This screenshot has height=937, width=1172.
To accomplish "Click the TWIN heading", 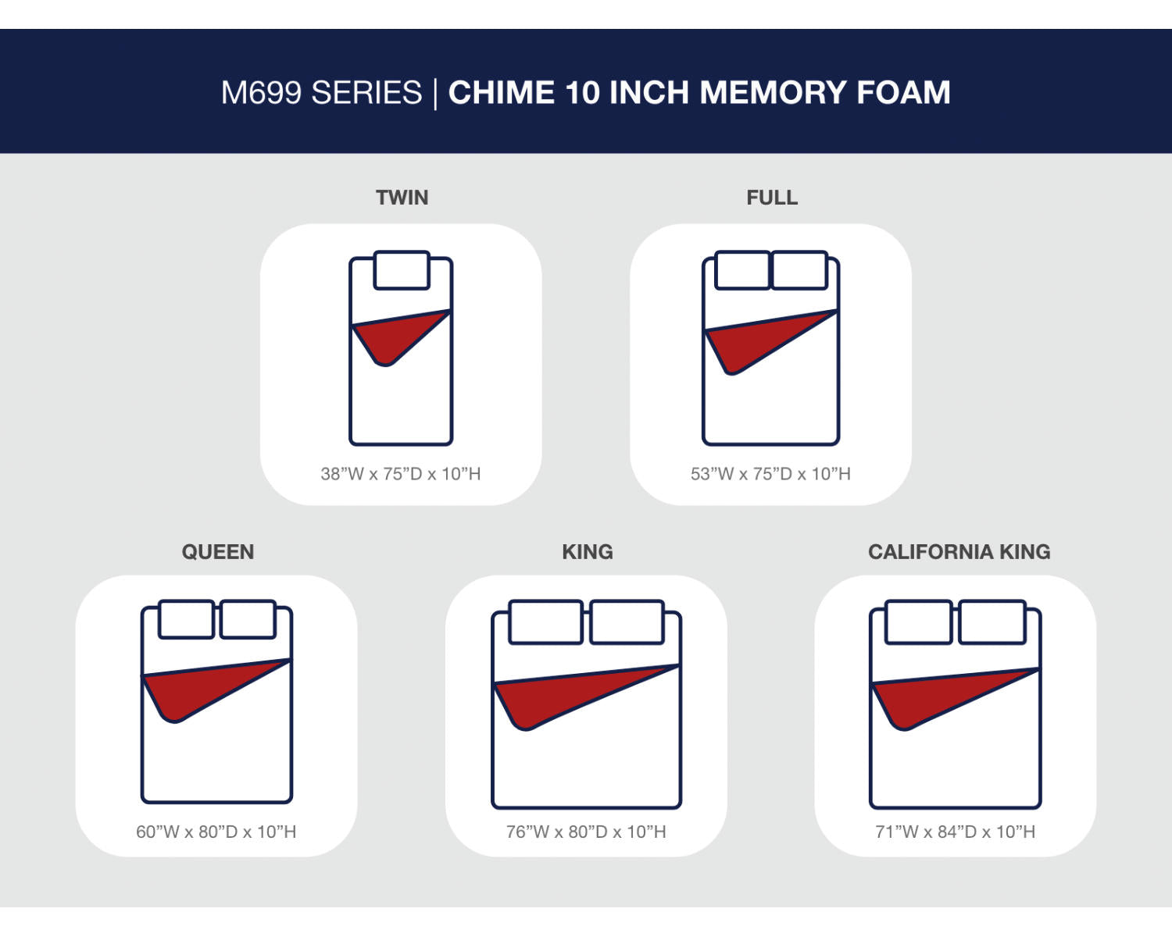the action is point(402,198).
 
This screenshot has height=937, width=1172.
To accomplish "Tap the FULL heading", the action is point(772,198).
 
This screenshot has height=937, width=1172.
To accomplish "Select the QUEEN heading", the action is point(218,552).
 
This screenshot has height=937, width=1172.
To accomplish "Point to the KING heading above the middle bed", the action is point(587,552).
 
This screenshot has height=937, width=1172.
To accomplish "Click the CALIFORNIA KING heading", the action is point(959,552).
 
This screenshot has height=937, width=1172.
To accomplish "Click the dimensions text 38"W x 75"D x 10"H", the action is point(400,474).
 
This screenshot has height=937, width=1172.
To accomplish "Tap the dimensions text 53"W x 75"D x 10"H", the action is point(770,474).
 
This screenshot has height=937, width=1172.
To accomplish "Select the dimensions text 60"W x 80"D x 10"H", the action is point(216,832).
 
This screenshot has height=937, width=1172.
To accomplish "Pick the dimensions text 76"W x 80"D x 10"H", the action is point(586,832).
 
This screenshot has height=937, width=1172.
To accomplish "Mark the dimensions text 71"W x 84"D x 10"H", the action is point(956,832).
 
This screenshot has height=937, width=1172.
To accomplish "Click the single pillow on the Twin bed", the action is point(402,269).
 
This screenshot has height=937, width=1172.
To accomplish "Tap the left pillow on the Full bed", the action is point(742,269).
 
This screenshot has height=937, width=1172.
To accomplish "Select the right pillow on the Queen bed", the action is point(248,619).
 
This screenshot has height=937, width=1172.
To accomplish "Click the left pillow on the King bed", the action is point(545,622).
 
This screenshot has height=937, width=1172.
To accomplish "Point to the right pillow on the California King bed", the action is point(992,622).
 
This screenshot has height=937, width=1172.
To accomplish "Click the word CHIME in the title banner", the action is point(501,93).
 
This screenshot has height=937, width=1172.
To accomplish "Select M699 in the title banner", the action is point(261,93).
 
